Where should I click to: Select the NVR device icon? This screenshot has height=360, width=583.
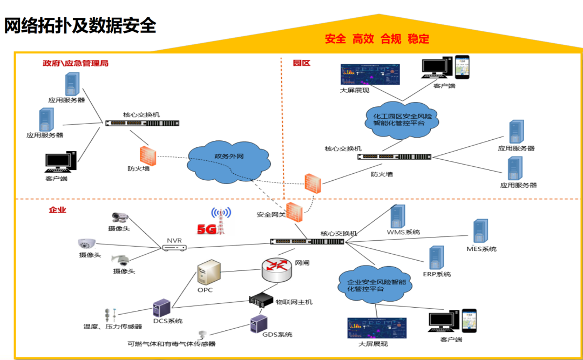(x=174, y=248)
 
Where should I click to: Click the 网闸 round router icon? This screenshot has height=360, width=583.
(x=276, y=268)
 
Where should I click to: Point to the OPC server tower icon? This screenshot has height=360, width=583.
(x=209, y=271)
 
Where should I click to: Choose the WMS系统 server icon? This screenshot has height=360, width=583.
(x=398, y=216)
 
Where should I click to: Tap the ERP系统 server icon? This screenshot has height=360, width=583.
(x=436, y=258)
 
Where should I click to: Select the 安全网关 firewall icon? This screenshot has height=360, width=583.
(x=295, y=212)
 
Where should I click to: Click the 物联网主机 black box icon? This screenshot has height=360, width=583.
(x=261, y=301)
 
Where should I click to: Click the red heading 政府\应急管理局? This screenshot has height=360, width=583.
(x=76, y=63)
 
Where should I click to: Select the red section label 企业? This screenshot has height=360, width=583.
(x=57, y=209)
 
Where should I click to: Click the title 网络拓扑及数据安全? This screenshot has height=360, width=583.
(x=80, y=25)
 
